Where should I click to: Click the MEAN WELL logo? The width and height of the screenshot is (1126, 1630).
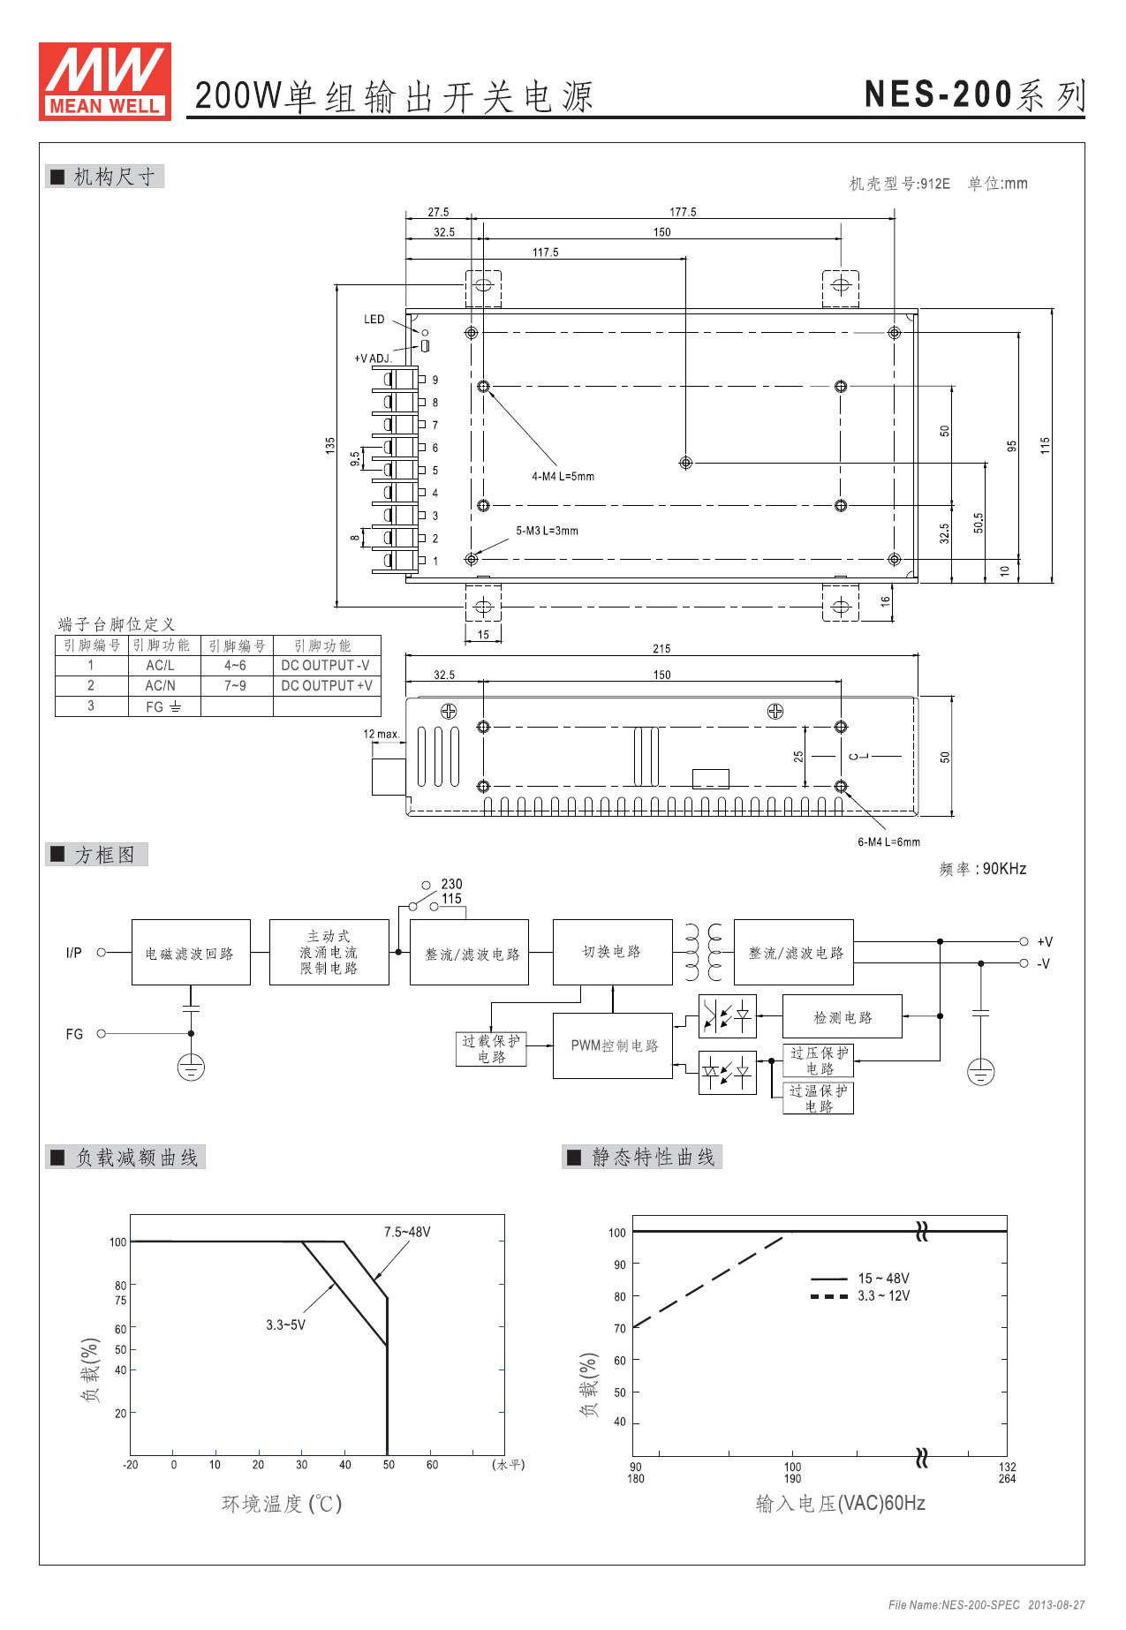(105, 81)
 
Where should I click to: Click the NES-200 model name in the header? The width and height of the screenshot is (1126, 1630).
(938, 94)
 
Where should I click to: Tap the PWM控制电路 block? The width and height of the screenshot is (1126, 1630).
(614, 1045)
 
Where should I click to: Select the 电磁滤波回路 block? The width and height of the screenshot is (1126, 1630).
(190, 953)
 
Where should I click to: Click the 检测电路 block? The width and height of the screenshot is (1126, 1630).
(842, 1017)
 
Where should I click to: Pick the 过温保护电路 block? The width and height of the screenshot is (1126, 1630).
(818, 1098)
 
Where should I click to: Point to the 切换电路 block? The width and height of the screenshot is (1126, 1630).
(612, 952)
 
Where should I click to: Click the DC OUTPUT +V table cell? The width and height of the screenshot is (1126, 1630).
(327, 685)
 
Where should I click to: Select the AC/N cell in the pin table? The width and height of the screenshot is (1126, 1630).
(161, 685)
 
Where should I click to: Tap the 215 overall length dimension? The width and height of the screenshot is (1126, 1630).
(661, 648)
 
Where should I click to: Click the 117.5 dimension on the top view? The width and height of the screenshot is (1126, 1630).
(545, 253)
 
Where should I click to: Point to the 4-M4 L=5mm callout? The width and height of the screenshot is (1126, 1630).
(563, 477)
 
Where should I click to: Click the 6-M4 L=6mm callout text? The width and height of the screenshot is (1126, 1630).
(888, 842)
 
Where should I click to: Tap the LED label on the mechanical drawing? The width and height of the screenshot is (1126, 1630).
(374, 320)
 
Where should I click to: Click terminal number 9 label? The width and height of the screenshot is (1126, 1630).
(435, 381)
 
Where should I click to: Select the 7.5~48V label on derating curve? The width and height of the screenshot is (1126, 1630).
(407, 1232)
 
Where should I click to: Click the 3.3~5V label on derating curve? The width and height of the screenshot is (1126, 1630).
(285, 1324)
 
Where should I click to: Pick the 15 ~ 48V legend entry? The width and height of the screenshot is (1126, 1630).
(883, 1279)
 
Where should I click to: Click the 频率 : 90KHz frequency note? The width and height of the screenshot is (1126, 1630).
(982, 869)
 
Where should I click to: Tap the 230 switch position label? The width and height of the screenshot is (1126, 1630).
(451, 884)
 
